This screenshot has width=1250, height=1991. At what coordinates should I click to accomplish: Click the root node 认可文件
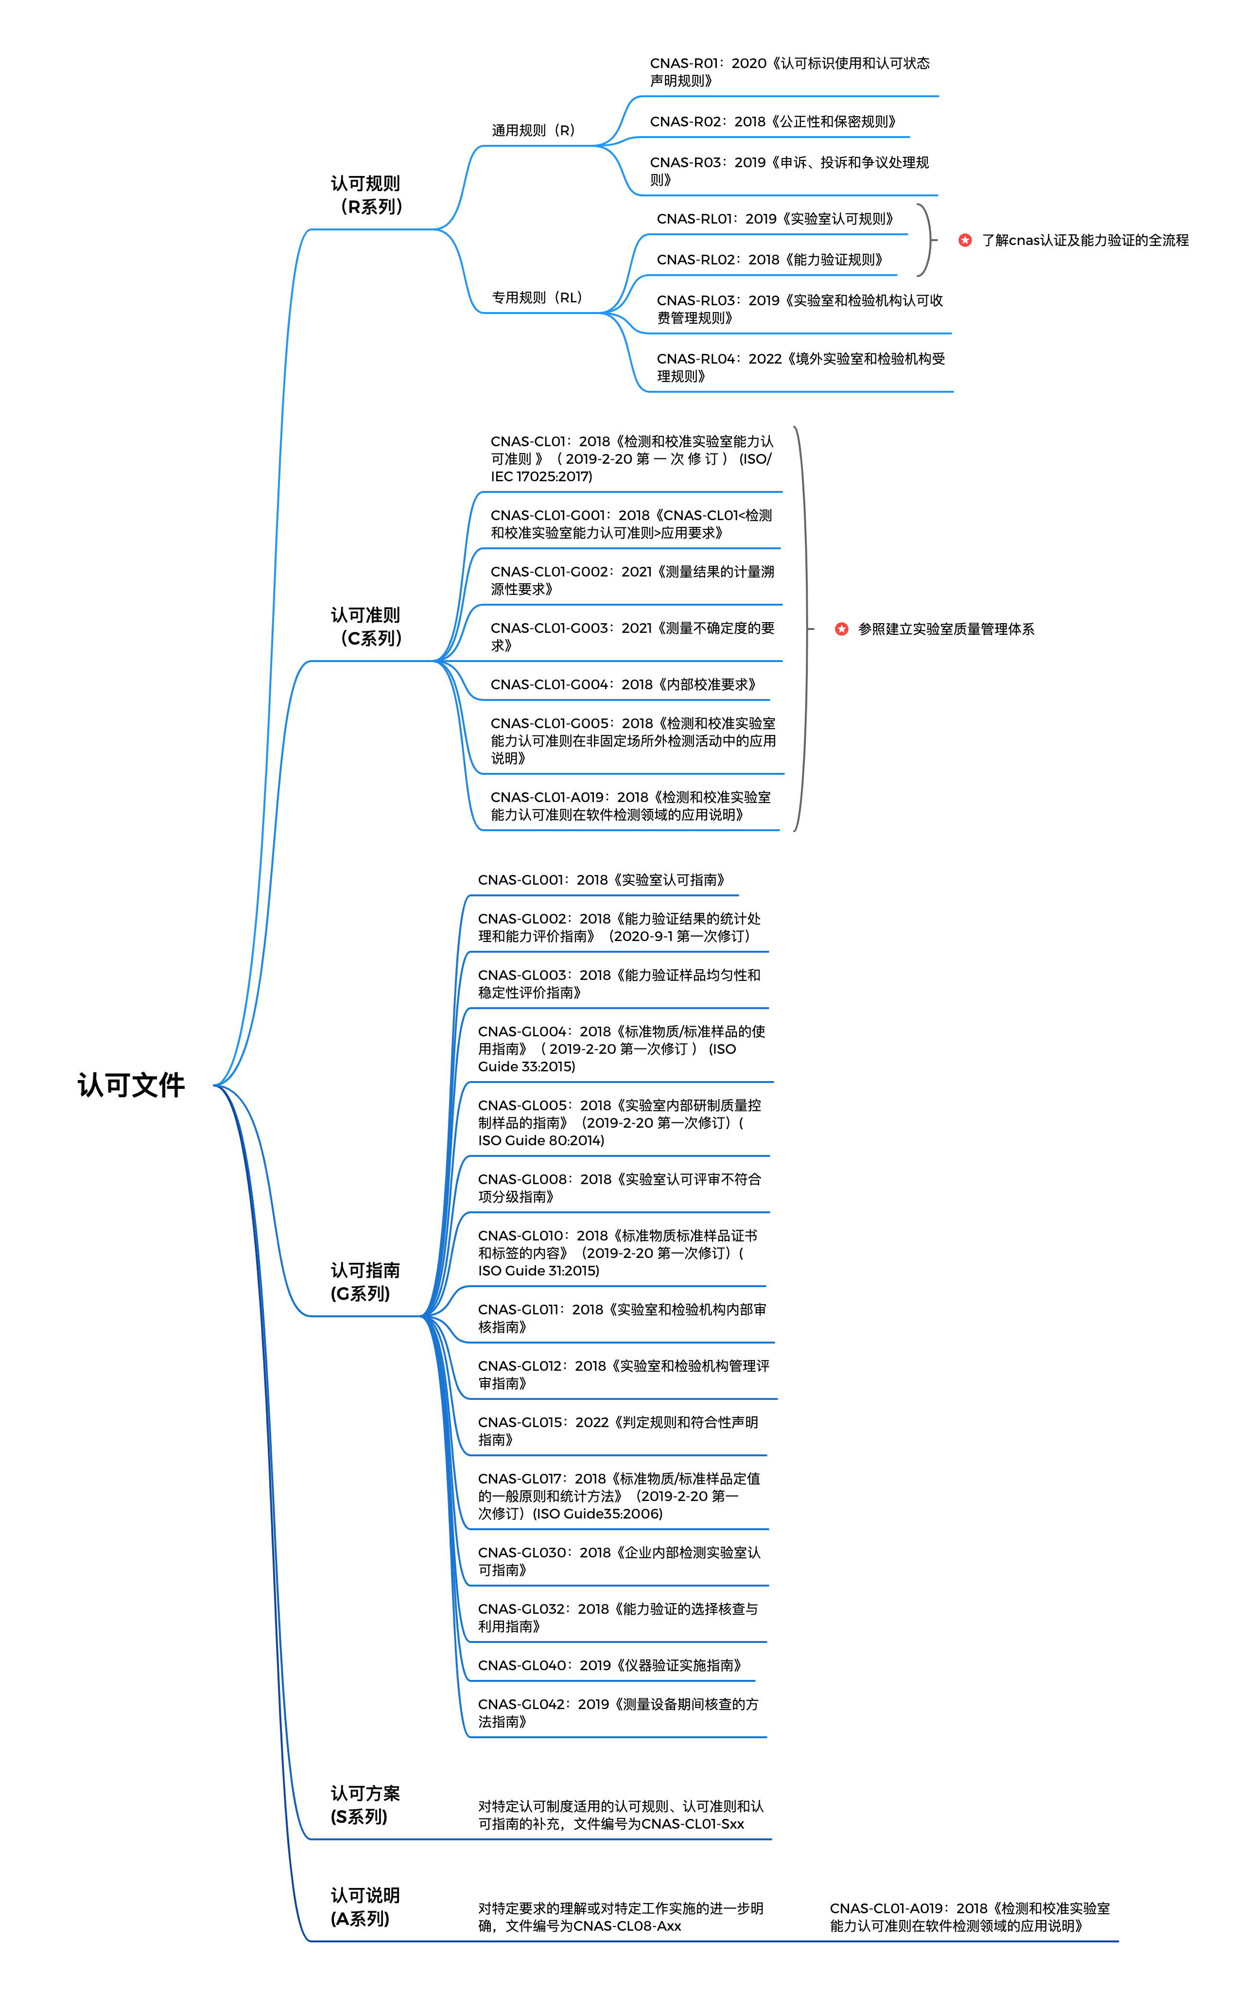131,1085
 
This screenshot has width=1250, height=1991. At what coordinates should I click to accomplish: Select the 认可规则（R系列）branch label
366,195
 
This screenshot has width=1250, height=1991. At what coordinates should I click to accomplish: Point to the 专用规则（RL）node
538,297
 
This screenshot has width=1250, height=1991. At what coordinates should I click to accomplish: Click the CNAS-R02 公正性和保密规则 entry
772,122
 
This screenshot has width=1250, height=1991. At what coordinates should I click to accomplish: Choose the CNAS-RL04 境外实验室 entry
800,367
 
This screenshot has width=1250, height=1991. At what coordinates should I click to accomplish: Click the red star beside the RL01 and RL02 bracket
965,240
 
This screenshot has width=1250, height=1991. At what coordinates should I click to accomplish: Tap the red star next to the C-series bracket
842,629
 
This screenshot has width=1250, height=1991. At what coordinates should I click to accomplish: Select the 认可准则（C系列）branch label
366,627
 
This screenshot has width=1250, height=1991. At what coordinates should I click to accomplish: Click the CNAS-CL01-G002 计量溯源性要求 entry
632,580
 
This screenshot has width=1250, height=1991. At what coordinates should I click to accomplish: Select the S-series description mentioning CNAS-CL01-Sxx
620,1815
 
